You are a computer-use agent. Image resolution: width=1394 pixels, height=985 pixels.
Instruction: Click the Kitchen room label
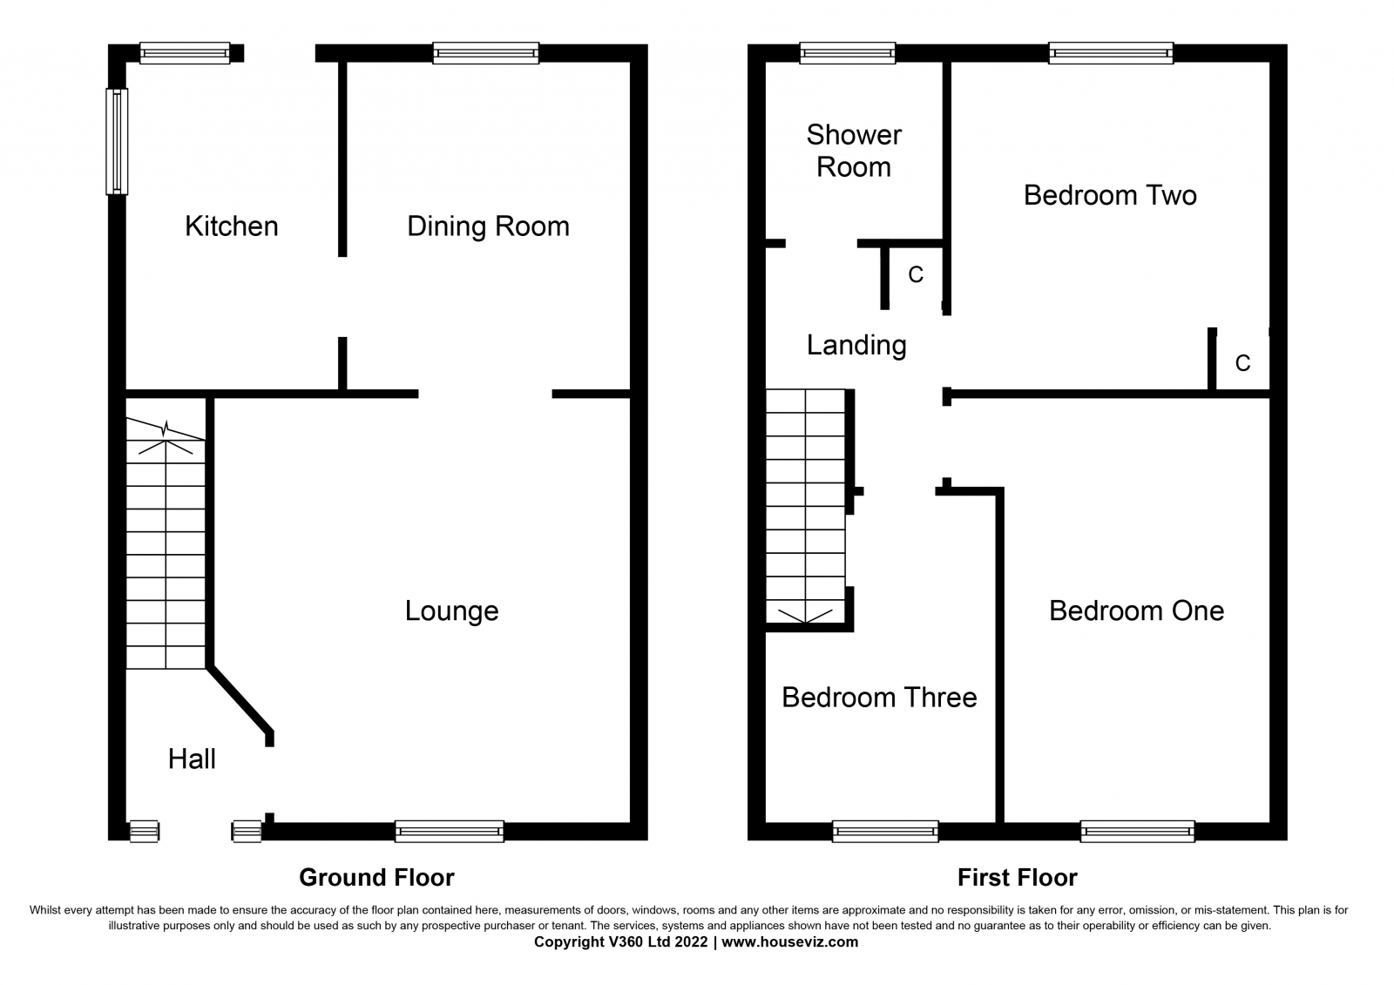[x=232, y=226]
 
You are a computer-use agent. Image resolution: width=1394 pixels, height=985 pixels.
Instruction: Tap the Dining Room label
[x=488, y=227]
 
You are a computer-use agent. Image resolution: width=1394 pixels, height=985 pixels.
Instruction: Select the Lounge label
[x=452, y=611]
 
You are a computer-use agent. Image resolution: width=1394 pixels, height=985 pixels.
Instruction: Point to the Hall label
[x=192, y=759]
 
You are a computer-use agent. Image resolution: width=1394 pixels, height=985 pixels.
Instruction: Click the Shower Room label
[x=854, y=152]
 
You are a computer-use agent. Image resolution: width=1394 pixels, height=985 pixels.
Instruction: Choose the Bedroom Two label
[x=1110, y=196]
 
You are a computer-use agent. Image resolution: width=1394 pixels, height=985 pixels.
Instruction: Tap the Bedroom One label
[x=1136, y=611]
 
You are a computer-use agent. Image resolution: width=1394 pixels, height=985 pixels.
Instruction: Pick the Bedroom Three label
[x=879, y=698]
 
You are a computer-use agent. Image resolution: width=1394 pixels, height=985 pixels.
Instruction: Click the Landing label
[x=856, y=346]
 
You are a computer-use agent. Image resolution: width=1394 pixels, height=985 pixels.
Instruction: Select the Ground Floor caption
[x=376, y=878]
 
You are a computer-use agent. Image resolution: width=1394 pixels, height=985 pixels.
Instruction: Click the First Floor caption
[x=1017, y=878]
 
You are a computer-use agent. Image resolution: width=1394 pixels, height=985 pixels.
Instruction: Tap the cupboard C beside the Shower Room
[x=916, y=274]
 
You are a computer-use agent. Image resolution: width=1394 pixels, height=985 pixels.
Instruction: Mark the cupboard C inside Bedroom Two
[x=1242, y=363]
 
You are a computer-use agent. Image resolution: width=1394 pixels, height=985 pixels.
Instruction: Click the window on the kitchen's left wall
[x=117, y=141]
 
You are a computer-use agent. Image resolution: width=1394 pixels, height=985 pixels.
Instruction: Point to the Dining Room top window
[x=486, y=53]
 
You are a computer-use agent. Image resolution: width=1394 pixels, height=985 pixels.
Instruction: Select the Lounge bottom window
[x=450, y=832]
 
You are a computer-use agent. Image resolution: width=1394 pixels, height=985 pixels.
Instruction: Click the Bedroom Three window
[x=885, y=832]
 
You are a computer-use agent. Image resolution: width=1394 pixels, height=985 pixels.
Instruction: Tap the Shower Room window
[x=848, y=53]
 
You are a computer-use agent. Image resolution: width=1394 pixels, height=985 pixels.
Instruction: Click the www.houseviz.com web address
[x=789, y=942]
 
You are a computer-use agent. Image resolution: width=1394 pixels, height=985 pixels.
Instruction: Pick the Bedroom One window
[x=1137, y=832]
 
